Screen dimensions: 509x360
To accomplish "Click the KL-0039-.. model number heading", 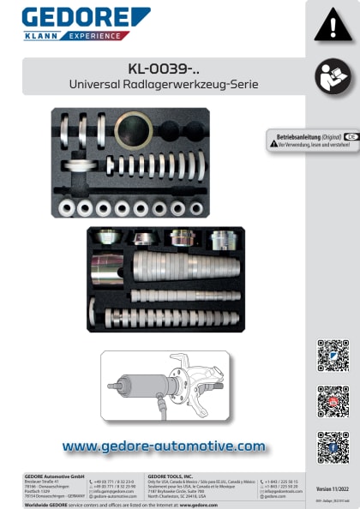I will click(x=162, y=69).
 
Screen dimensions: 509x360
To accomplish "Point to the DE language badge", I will click(x=351, y=137).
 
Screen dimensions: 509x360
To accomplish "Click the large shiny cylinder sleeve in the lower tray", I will click(x=110, y=266).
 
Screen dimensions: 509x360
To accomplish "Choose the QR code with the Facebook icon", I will click(x=333, y=446).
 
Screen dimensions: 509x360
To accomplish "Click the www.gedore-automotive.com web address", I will click(x=164, y=446).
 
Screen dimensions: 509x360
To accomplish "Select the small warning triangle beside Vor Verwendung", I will click(x=272, y=146).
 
